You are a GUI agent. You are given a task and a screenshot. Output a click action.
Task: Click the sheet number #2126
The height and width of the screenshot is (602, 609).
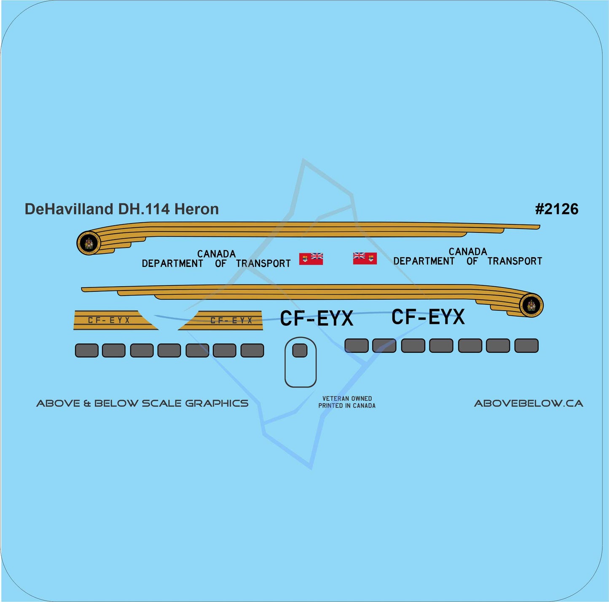point(556,209)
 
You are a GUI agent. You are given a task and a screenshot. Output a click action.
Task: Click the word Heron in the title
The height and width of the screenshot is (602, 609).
point(196,209)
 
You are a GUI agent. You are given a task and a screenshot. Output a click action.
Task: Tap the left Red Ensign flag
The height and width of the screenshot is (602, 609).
point(311,258)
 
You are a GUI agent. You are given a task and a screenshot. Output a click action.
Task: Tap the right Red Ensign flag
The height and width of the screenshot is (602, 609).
point(365,258)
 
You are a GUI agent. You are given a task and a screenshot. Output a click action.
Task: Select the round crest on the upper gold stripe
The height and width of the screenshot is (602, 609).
point(89,243)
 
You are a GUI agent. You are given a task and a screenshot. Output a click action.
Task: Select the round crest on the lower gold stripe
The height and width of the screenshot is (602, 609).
point(531,305)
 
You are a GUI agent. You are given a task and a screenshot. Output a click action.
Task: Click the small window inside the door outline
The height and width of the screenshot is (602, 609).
point(300,350)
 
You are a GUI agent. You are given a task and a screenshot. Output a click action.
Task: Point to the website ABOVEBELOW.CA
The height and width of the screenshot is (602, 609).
point(529,403)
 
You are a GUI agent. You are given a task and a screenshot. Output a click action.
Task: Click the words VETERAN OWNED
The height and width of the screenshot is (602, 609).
point(347,398)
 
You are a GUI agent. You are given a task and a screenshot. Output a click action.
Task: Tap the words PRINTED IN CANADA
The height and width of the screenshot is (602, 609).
point(347,406)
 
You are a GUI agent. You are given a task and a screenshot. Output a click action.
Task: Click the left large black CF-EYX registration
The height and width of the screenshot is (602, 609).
point(317,319)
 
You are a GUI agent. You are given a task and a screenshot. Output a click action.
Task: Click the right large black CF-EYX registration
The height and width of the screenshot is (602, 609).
point(428,317)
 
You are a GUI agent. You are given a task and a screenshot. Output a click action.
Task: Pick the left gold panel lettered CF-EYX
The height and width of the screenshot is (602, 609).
point(110,320)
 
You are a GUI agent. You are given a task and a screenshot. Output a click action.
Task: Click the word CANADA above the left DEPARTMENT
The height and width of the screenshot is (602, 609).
point(216,254)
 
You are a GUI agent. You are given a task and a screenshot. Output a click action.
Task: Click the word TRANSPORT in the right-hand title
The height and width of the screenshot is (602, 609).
point(515,261)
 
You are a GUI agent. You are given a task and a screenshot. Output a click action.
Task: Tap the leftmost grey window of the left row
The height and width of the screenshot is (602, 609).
point(86,350)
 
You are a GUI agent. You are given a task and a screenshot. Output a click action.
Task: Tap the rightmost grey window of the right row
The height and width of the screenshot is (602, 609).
point(526,346)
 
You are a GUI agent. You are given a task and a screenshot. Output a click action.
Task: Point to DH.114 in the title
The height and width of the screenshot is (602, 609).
point(144,209)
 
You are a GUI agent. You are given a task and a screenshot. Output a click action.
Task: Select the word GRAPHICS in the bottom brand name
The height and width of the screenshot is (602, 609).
point(217,403)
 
